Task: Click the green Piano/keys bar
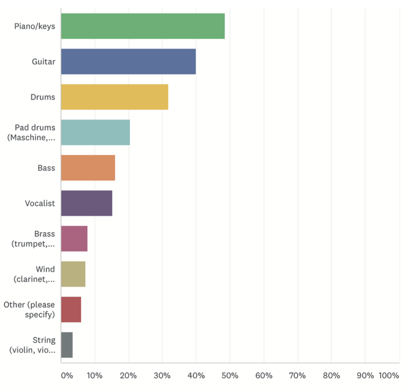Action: (x=143, y=26)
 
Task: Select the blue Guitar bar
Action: (x=128, y=61)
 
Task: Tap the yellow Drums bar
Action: (x=115, y=97)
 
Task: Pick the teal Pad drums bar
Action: (x=95, y=132)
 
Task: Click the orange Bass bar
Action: (x=88, y=168)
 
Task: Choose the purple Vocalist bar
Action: (x=86, y=203)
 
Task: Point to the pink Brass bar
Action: (x=74, y=238)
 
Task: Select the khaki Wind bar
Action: (x=73, y=274)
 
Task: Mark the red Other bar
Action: (x=71, y=309)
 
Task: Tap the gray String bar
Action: (x=67, y=345)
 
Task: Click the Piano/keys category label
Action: (x=35, y=26)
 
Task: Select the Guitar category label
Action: (x=44, y=62)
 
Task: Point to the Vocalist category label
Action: (x=40, y=203)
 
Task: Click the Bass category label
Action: (x=46, y=168)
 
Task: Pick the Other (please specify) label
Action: (x=29, y=309)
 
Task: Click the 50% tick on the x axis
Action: (x=230, y=376)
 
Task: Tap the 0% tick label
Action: (x=67, y=376)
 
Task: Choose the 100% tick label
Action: (x=388, y=376)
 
